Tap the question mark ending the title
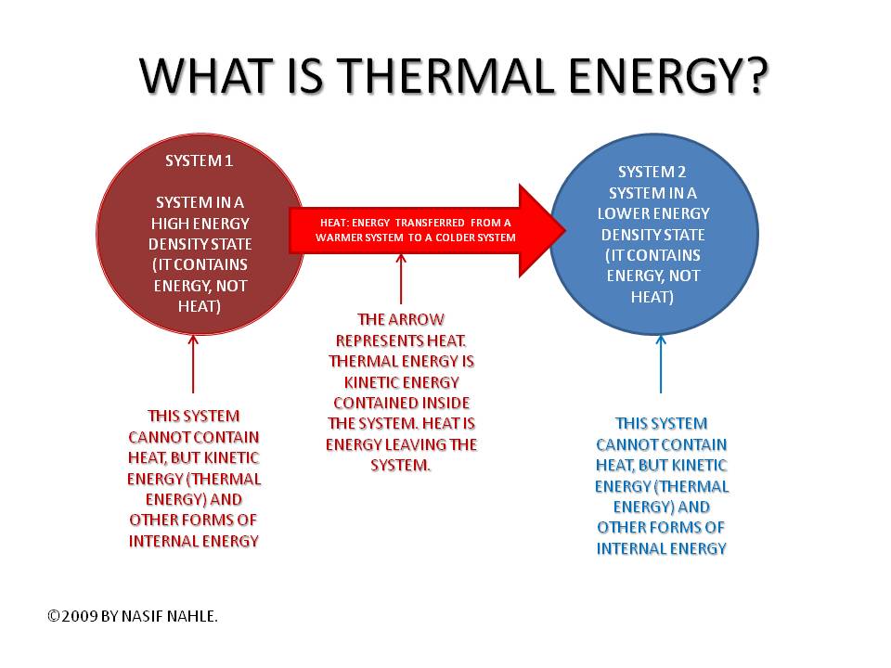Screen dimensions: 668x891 (750, 76)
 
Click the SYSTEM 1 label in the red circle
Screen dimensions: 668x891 (200, 161)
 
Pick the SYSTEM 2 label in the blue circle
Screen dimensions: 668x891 (652, 173)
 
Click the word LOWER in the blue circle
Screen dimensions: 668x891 (629, 213)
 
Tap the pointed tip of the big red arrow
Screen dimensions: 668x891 (562, 229)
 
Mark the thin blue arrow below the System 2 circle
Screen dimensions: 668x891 (661, 371)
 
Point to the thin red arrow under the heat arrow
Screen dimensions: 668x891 (401, 278)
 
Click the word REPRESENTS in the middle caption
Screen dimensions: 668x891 (376, 340)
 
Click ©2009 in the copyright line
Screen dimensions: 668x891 (72, 614)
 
